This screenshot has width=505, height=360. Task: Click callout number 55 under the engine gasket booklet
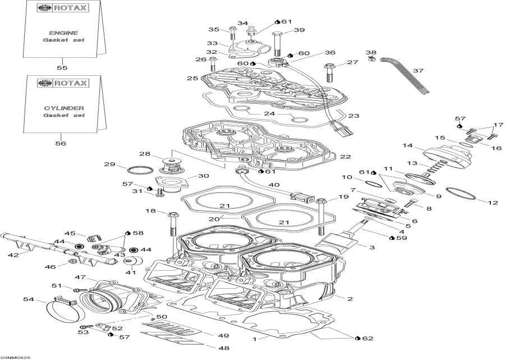point(62,67)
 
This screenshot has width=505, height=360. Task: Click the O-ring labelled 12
point(461,193)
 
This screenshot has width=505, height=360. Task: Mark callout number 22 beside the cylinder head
point(345,157)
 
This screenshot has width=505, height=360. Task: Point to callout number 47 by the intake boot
point(80,277)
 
